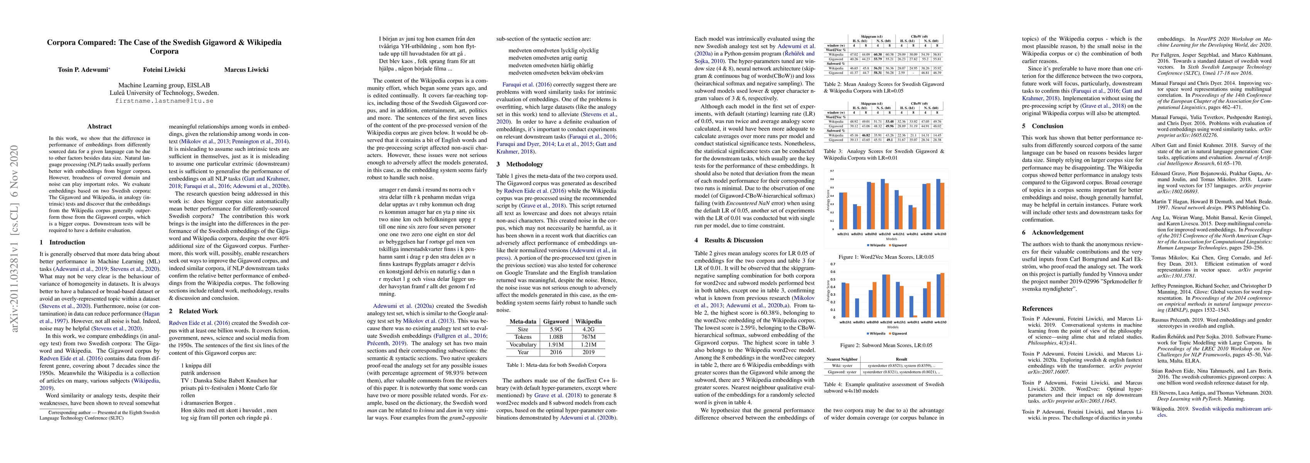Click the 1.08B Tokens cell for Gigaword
[556, 336]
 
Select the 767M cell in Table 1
[589, 336]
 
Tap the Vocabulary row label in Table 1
[523, 344]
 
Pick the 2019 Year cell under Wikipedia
[589, 352]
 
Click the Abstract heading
[100, 127]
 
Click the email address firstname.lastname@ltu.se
[164, 101]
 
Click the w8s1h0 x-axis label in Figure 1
[884, 234]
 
